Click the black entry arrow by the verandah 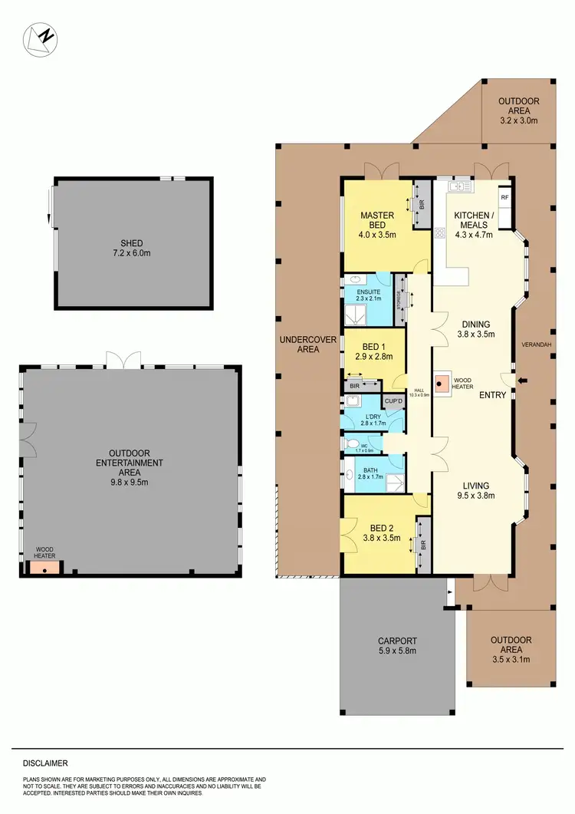pos(523,379)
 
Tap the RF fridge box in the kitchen pos(504,197)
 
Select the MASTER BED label pos(378,219)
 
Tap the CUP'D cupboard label pos(393,400)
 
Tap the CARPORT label pos(397,641)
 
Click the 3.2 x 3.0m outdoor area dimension pos(519,120)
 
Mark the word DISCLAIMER pos(45,763)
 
